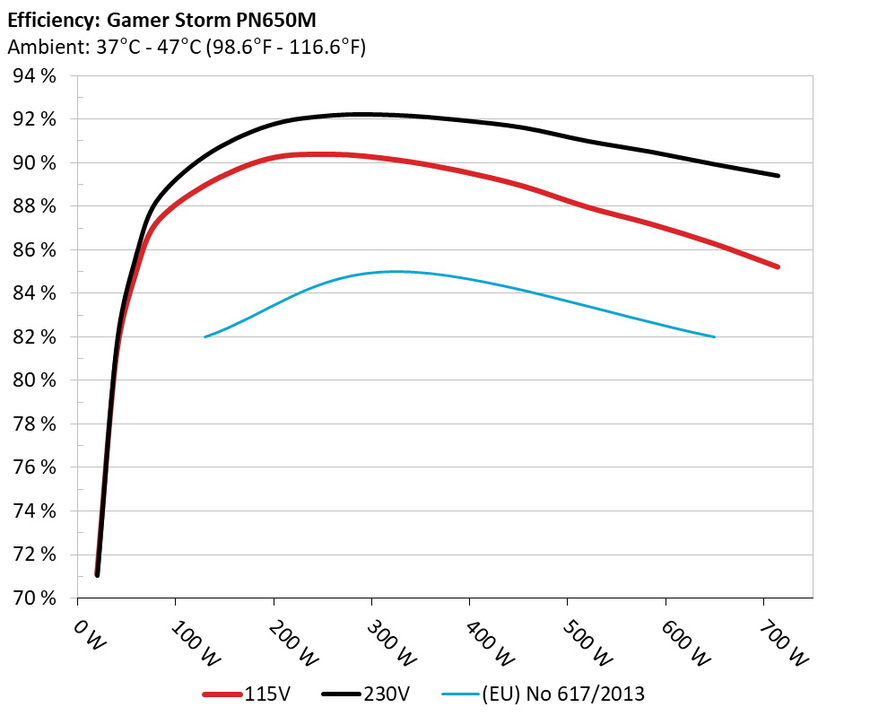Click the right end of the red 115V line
click(x=779, y=266)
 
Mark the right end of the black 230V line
click(x=779, y=176)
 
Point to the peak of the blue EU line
click(x=393, y=271)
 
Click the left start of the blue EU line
click(x=205, y=336)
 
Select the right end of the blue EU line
click(x=714, y=336)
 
